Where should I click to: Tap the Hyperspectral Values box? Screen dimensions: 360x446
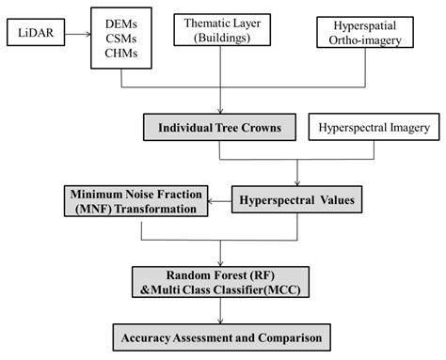[297, 200]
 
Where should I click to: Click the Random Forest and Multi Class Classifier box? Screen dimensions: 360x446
[221, 281]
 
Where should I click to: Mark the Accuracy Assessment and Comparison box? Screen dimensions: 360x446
[221, 336]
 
